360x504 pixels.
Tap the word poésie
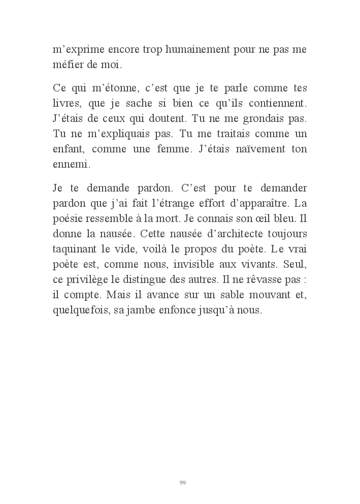69,218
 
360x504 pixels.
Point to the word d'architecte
204,234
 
